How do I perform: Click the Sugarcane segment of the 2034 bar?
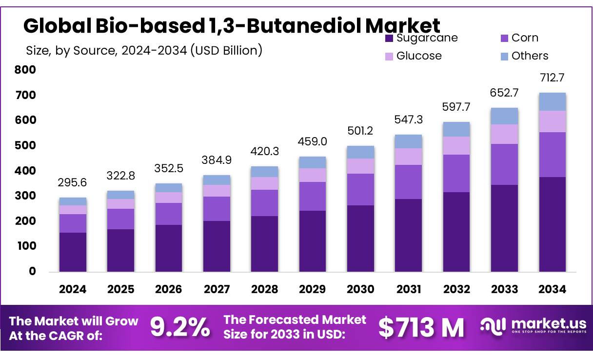553,224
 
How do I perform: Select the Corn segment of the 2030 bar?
360,189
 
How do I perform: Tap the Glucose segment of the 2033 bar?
504,134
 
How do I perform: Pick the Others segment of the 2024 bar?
73,201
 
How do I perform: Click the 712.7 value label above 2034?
553,78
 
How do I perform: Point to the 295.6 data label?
73,183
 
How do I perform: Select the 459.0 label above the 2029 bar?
313,142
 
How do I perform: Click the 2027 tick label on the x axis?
217,289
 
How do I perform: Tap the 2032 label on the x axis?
456,289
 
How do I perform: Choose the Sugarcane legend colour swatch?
389,38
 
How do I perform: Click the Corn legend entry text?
525,38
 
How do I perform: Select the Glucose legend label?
419,56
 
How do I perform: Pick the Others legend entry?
530,56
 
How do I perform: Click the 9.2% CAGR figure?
180,327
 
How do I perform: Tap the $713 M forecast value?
421,327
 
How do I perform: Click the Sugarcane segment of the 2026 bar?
169,248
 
